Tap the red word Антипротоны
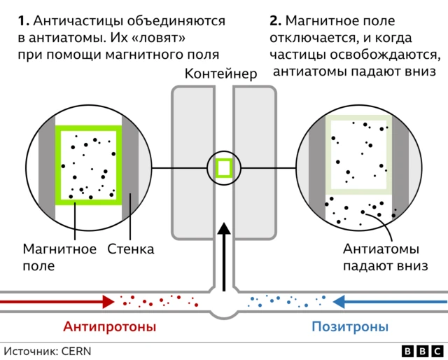tap(110, 327)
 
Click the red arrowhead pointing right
tap(107, 301)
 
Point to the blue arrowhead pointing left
tap(340, 301)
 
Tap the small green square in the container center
tap(224, 168)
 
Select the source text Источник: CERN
tap(48, 351)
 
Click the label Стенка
tap(130, 249)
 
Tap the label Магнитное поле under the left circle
tap(59, 258)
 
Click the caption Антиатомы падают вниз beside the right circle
tap(381, 258)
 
